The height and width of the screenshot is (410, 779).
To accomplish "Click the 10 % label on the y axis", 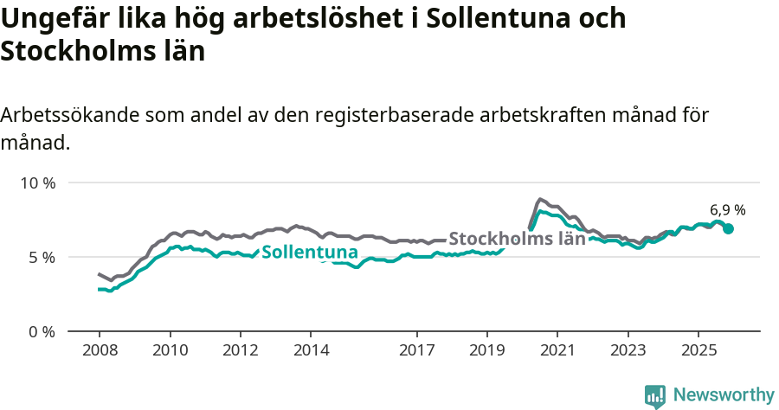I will coord(38,183).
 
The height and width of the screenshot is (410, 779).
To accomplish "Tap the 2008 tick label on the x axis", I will coord(99,350).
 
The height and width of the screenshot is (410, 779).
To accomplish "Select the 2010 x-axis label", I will coord(170,350).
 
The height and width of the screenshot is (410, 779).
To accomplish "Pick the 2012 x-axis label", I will coord(240,350).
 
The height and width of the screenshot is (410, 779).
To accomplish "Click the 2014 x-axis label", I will coord(311,350).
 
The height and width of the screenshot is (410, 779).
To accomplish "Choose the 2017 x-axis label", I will coord(416,350).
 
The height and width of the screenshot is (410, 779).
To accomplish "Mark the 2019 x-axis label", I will coord(486,350).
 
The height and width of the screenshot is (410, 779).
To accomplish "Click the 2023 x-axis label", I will coord(628,350).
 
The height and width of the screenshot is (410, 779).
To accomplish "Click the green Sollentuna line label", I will coord(309,253).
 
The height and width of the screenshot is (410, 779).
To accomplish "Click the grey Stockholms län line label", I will coord(517,239).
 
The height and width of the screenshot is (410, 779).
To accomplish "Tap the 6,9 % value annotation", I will coord(727,209).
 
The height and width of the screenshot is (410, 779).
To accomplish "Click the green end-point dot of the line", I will coord(729,228).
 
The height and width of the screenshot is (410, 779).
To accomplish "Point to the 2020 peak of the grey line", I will coord(539,199).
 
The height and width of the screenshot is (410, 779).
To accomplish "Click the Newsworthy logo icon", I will coord(655,396).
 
